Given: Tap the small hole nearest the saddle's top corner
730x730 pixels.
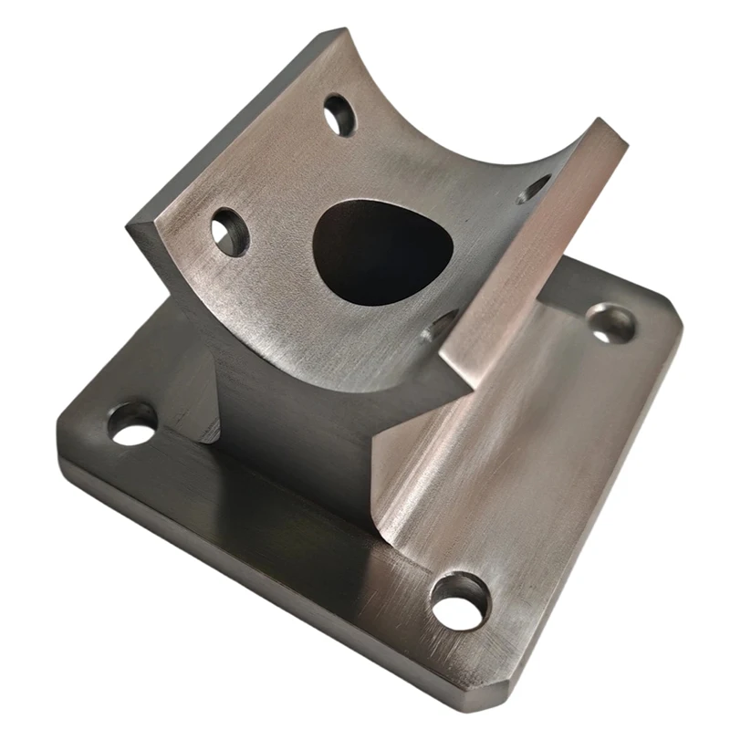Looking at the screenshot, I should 339,115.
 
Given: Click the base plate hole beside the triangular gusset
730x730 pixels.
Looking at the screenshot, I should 133,423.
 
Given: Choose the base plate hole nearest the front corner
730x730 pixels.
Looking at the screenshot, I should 460,600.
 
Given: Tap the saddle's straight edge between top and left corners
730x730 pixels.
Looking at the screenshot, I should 233,128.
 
